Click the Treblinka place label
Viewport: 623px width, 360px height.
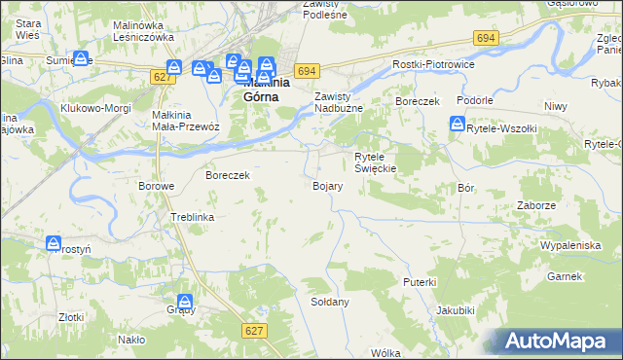[x=192, y=217]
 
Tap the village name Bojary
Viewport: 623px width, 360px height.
[x=326, y=186]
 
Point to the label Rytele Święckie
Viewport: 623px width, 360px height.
[x=375, y=162]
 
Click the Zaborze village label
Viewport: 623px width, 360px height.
[x=537, y=205]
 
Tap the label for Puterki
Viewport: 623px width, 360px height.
[x=420, y=281]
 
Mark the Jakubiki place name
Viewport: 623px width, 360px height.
[x=456, y=310]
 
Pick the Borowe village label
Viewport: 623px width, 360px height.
[x=156, y=186]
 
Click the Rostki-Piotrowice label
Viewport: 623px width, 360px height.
[x=431, y=64]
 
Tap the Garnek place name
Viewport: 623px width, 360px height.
[x=564, y=277]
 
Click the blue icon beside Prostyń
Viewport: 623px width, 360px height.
[x=55, y=243]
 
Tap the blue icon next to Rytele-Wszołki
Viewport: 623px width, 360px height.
[x=458, y=125]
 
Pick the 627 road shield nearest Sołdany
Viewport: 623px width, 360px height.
[x=254, y=331]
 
